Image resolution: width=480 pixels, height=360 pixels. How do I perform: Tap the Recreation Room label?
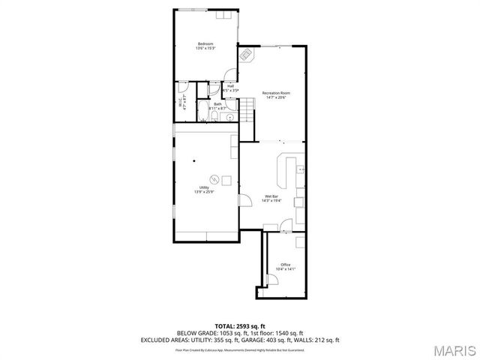276,94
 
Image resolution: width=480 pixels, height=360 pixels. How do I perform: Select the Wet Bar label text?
271,198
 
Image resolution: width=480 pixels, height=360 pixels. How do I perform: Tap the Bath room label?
217,106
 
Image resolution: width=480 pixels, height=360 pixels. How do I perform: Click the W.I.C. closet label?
182,105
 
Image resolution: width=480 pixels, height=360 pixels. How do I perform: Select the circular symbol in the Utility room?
214,179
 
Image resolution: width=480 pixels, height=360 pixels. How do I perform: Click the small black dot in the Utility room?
193,160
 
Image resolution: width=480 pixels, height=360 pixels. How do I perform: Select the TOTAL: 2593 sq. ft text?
240,325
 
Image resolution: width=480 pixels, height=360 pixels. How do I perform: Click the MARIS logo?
447,349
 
